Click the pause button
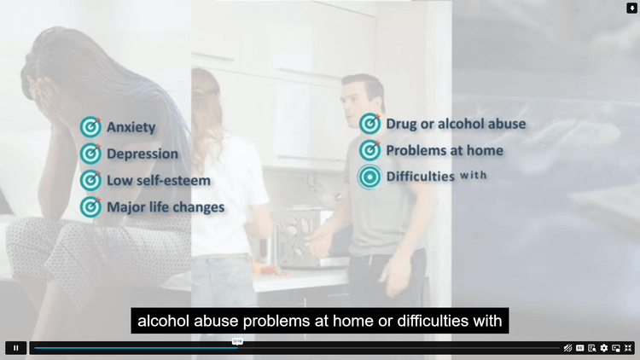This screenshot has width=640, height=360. pyautogui.click(x=15, y=348)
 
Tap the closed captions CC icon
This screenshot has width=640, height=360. pyautogui.click(x=580, y=348)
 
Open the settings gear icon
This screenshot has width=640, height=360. pyautogui.click(x=604, y=348)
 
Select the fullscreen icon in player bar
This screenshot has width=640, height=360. pyautogui.click(x=628, y=348)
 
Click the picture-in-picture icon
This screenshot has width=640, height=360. pyautogui.click(x=616, y=348)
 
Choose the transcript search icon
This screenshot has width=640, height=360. pyautogui.click(x=592, y=348)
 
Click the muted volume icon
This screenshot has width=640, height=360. pyautogui.click(x=568, y=348)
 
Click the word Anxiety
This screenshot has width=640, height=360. pyautogui.click(x=131, y=127)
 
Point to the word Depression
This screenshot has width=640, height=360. pyautogui.click(x=142, y=154)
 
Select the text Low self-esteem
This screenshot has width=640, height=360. pyautogui.click(x=158, y=180)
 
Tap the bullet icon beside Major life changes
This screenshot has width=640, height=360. pyautogui.click(x=90, y=206)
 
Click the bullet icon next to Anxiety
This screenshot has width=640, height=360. pyautogui.click(x=90, y=127)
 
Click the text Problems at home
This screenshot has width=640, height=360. pyautogui.click(x=445, y=150)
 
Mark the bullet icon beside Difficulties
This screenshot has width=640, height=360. pyautogui.click(x=369, y=177)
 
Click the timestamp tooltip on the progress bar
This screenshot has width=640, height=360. pyautogui.click(x=238, y=341)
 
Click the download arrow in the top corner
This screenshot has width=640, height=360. pyautogui.click(x=632, y=8)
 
